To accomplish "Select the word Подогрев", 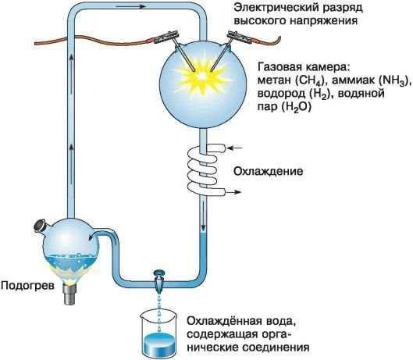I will [27, 286].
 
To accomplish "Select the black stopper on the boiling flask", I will [40, 227].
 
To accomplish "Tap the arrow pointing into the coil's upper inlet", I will [237, 146].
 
